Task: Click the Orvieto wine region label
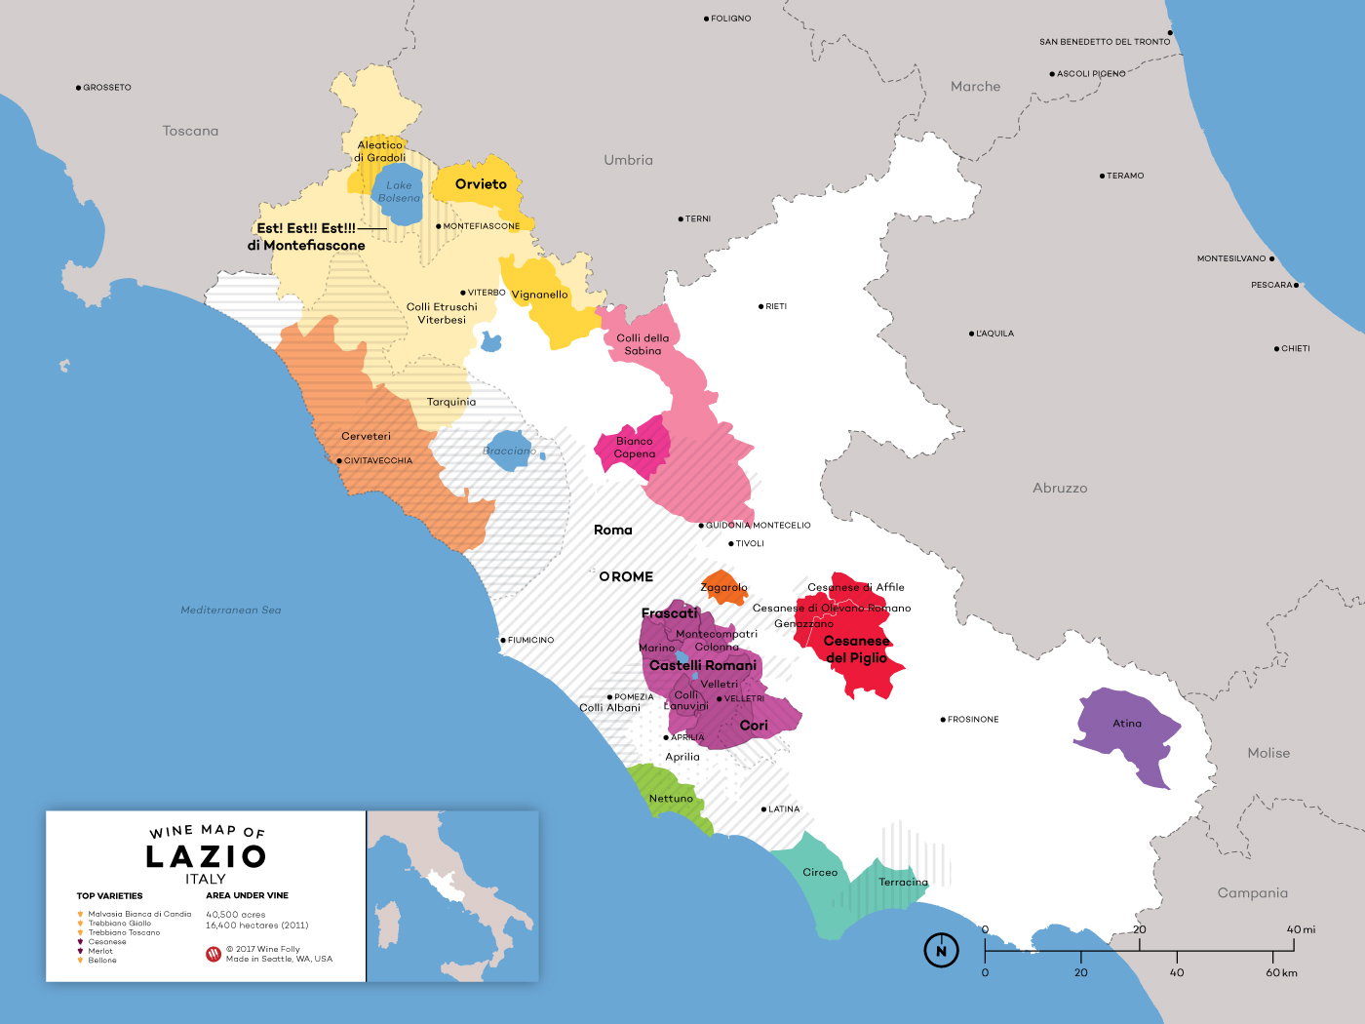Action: (481, 184)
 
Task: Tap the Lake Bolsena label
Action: (399, 191)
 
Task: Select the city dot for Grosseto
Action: (78, 88)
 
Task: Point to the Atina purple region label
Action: (1127, 724)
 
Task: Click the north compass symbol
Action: (941, 951)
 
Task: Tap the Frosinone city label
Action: (973, 720)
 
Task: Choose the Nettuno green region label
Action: (671, 799)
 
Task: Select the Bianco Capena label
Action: (635, 448)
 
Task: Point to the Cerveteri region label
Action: (366, 436)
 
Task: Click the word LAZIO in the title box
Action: (206, 856)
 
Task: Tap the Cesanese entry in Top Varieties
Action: (107, 942)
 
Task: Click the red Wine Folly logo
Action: (214, 954)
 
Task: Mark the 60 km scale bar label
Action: (1281, 972)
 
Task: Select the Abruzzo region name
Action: (1060, 488)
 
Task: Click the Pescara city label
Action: (1271, 285)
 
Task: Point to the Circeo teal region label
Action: (820, 873)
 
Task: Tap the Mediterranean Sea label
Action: (231, 610)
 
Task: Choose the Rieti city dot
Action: (760, 306)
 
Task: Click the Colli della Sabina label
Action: (643, 344)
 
